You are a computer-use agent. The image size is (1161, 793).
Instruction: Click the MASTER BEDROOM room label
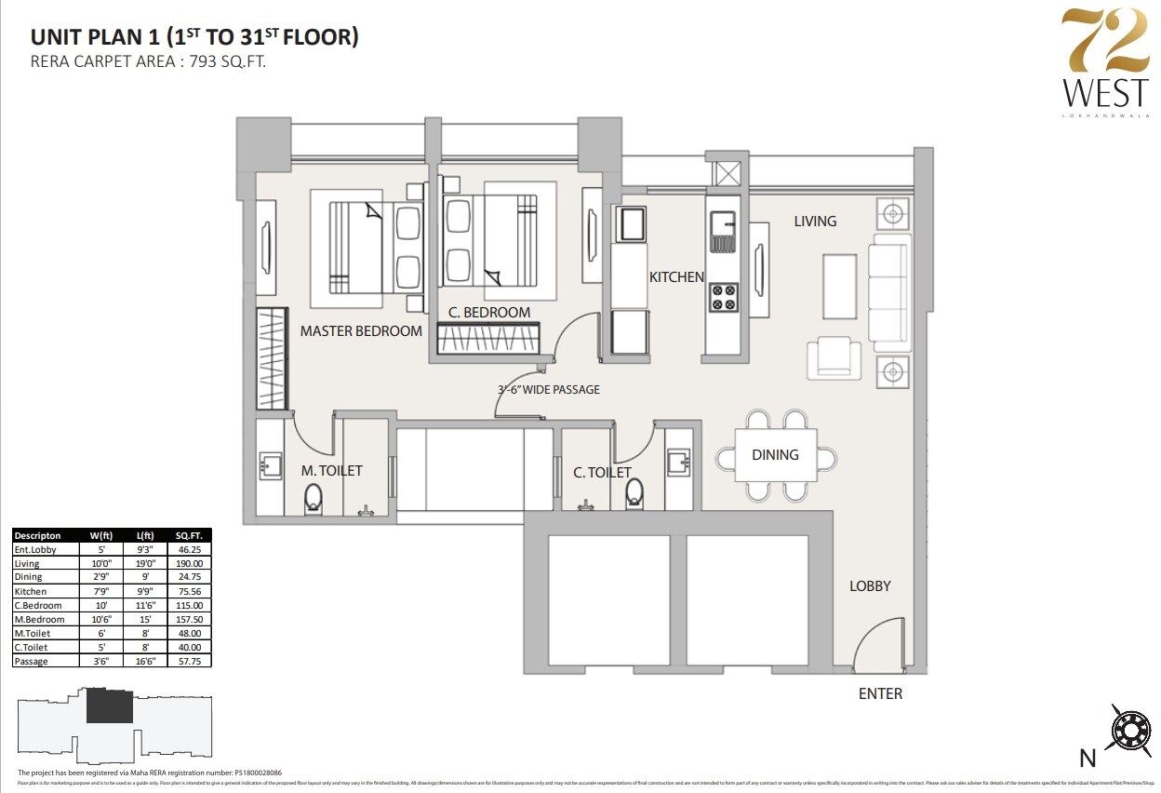pyautogui.click(x=361, y=330)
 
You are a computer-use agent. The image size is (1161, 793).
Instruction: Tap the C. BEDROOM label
pyautogui.click(x=489, y=313)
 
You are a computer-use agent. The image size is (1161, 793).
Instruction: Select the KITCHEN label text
pyautogui.click(x=676, y=277)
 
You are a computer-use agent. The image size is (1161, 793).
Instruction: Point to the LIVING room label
pyautogui.click(x=815, y=222)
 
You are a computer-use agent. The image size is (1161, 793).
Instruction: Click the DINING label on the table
pyautogui.click(x=775, y=455)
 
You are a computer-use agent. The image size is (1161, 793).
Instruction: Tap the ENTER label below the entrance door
pyautogui.click(x=880, y=693)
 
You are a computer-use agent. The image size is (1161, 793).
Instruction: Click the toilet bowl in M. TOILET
pyautogui.click(x=313, y=499)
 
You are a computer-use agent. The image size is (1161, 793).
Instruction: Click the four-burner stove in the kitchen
pyautogui.click(x=724, y=298)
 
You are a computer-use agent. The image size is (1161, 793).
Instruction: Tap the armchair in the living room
pyautogui.click(x=834, y=357)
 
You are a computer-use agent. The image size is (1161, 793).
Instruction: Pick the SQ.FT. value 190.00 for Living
pyautogui.click(x=189, y=563)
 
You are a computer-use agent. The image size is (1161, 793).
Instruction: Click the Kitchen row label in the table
pyautogui.click(x=30, y=591)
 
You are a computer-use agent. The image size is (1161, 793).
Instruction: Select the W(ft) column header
pyautogui.click(x=101, y=535)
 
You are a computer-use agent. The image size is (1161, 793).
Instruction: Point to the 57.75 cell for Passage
pyautogui.click(x=189, y=661)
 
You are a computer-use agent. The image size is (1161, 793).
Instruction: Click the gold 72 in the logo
pyautogui.click(x=1106, y=43)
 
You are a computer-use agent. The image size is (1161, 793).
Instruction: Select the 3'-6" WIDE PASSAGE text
pyautogui.click(x=548, y=389)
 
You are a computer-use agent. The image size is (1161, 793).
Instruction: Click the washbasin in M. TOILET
pyautogui.click(x=270, y=464)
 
